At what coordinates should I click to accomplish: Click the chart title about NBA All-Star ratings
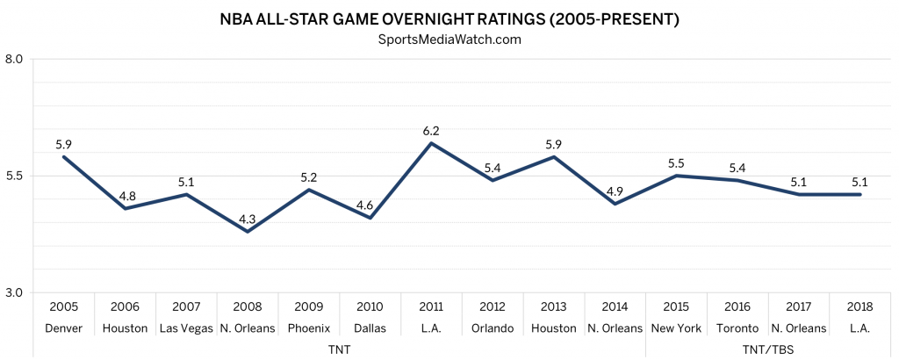(449, 18)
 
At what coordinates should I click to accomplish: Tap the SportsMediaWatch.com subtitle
(449, 39)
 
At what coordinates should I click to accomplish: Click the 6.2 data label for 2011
(431, 130)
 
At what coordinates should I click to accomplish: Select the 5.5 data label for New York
(676, 163)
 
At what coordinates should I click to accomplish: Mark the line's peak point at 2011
(431, 143)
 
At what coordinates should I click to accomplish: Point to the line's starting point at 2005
(64, 157)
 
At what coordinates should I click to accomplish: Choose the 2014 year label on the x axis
(615, 307)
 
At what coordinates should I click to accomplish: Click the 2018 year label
(859, 307)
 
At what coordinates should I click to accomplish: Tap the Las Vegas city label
(186, 328)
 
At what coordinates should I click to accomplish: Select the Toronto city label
(737, 328)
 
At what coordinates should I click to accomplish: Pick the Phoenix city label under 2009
(309, 328)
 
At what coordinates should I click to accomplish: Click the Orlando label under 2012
(492, 328)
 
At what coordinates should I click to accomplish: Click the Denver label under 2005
(64, 328)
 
